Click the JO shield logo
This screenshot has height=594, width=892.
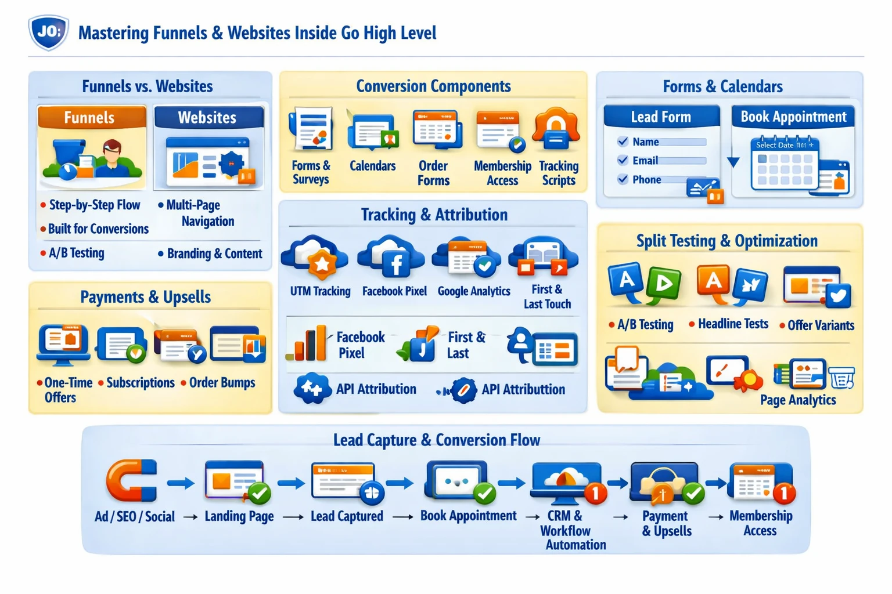[49, 32]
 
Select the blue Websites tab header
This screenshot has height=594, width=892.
[208, 117]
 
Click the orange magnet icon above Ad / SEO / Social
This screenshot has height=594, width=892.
[131, 480]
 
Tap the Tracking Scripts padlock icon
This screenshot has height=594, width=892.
[556, 130]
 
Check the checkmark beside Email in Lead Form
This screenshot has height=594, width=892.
[623, 160]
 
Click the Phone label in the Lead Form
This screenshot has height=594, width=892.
[647, 180]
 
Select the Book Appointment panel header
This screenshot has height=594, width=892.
[793, 117]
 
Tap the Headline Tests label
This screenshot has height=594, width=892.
[733, 324]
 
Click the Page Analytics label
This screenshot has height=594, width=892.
[797, 400]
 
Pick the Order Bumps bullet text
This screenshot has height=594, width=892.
[222, 383]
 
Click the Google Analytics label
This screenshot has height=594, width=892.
[474, 291]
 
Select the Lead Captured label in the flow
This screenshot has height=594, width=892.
[347, 516]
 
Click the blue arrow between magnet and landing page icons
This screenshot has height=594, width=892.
[181, 483]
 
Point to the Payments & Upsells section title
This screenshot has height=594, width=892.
[145, 297]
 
